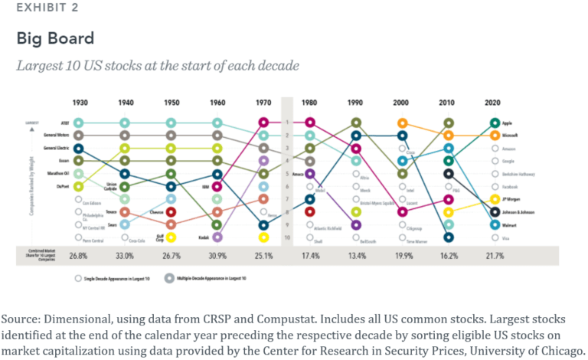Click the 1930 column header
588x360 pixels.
(79, 102)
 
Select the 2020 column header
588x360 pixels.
(494, 102)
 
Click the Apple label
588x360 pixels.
(508, 123)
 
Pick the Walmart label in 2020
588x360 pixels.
(510, 225)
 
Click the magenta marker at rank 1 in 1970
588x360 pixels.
(263, 123)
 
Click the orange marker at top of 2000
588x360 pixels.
(402, 123)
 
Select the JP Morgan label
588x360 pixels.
(512, 199)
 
